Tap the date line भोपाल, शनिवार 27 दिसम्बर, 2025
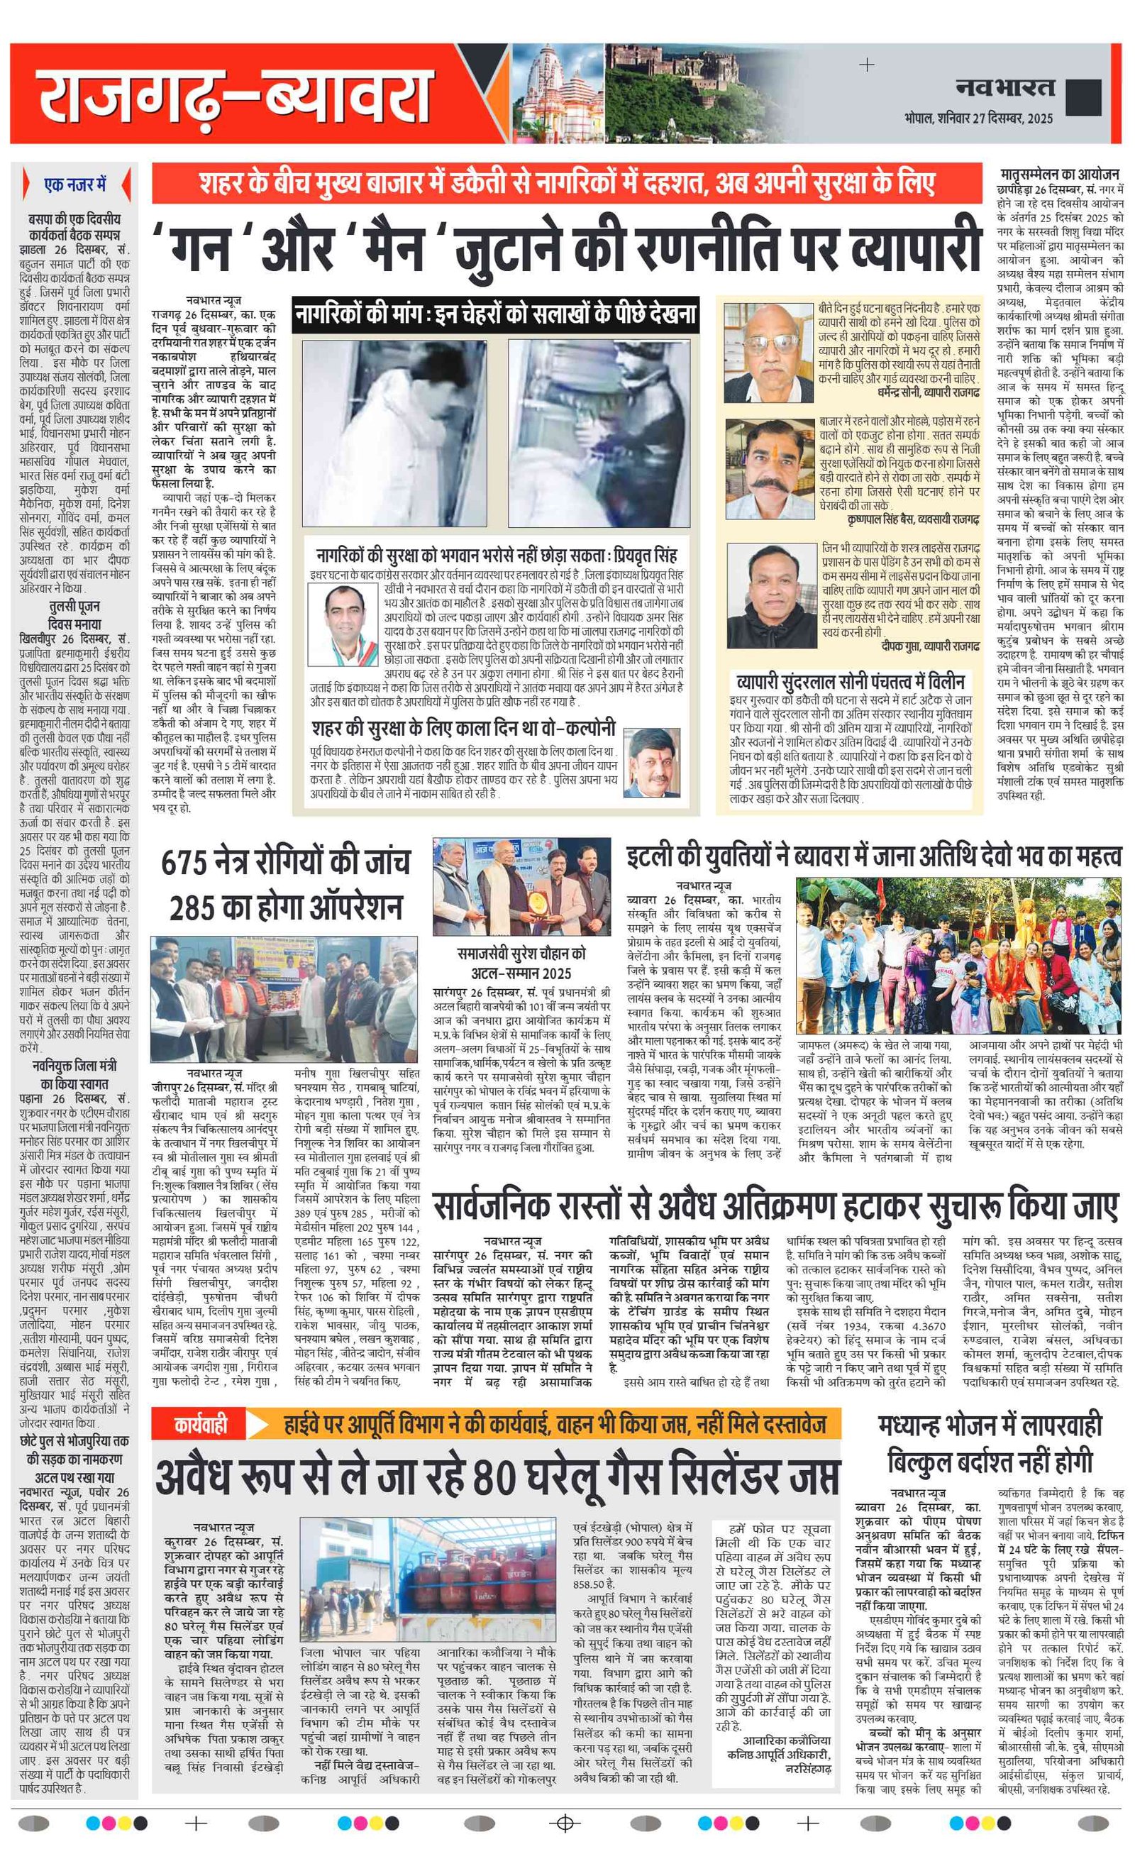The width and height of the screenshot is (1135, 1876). pos(978,118)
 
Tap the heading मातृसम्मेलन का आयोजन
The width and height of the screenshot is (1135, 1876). pos(1058,174)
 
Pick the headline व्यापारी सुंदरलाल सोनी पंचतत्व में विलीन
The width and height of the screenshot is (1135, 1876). pos(851,681)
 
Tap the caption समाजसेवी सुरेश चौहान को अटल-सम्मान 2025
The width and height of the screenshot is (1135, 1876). pos(521,963)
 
